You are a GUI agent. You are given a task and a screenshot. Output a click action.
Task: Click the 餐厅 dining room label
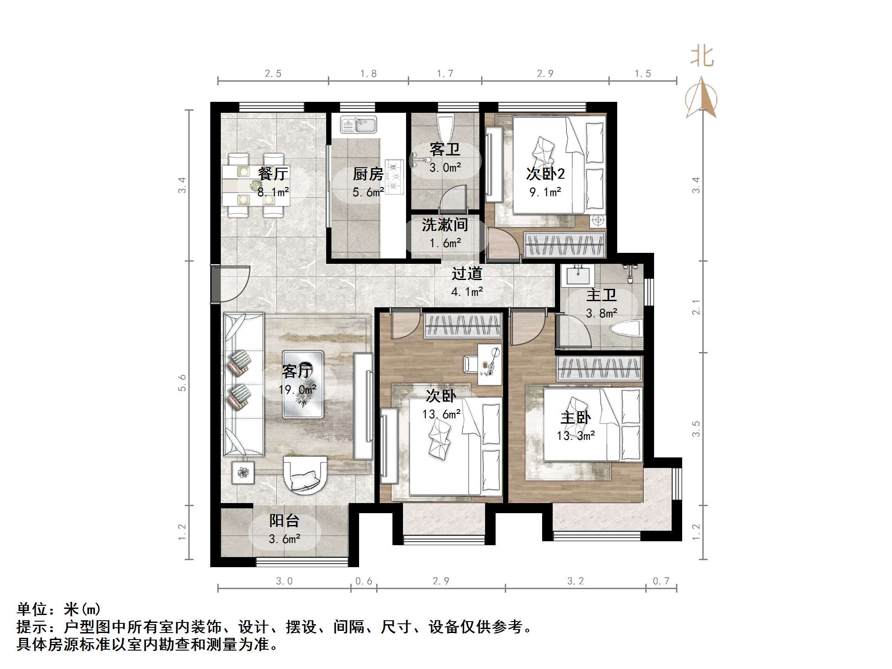click(x=273, y=173)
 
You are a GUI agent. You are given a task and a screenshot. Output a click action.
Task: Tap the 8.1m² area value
click(x=273, y=192)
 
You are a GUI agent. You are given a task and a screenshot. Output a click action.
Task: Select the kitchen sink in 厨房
click(x=359, y=125)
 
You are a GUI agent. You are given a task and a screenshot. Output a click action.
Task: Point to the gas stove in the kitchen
click(x=395, y=176)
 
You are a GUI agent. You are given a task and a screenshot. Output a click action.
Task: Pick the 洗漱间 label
click(x=445, y=225)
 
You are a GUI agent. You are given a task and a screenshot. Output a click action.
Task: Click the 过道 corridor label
click(x=467, y=273)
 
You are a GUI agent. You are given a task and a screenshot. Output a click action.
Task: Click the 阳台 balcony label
click(x=284, y=521)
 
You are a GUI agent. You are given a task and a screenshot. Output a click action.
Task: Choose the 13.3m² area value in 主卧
click(x=576, y=436)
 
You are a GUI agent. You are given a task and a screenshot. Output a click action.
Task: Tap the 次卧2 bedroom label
click(x=545, y=174)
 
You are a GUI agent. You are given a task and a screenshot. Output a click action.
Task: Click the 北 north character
click(x=702, y=57)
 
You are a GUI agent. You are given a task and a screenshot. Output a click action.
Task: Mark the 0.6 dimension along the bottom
click(x=363, y=581)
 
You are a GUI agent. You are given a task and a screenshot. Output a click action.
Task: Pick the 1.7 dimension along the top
click(x=445, y=74)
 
